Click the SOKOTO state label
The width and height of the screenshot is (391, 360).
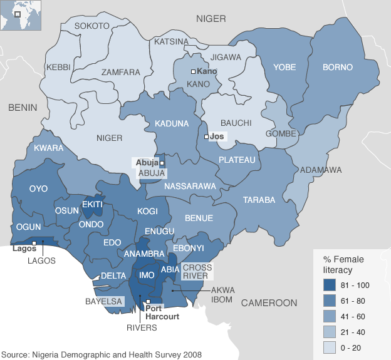91,26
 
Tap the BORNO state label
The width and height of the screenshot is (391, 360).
338,67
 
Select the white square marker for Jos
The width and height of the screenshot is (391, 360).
207,136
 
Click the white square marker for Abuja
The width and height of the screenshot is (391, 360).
162,163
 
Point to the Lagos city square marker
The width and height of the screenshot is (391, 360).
33,243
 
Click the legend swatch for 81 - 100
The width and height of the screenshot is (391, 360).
331,285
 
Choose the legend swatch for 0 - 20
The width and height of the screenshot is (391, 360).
331,347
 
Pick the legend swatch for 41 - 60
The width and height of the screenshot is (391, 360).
331,316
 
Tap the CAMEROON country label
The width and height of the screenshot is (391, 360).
269,303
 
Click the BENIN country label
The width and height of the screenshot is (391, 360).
23,108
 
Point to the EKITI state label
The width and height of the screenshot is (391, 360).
92,204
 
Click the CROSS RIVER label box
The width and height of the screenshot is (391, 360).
197,271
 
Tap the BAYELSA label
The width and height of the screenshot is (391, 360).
103,301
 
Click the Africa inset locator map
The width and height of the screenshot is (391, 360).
21,15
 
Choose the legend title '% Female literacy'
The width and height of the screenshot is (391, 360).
343,264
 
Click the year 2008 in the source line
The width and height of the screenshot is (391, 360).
192,354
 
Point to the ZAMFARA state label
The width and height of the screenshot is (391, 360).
121,72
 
